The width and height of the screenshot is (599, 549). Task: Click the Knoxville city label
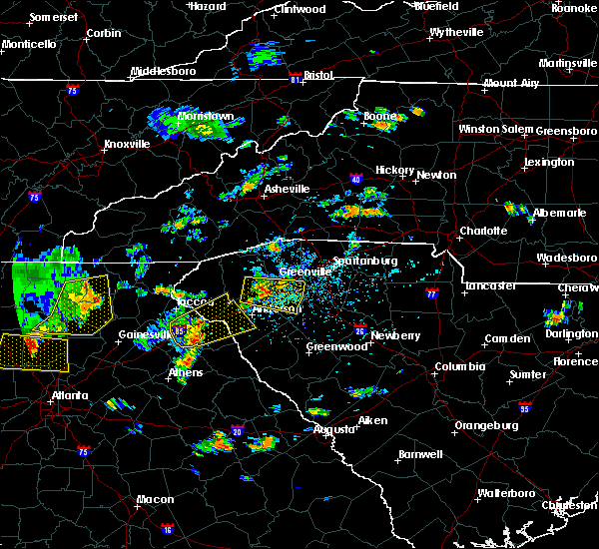pos(127,144)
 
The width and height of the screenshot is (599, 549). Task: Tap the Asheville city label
pos(287,189)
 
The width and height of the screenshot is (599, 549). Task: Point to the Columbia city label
pos(459,366)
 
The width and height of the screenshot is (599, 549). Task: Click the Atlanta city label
pos(66,395)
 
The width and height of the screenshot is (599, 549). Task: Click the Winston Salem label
pos(496,130)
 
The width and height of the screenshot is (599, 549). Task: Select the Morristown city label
pos(206,117)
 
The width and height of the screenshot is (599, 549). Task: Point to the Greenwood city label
pos(332,347)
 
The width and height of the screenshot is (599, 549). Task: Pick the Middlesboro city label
pos(166,72)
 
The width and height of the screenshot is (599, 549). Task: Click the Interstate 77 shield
pos(431,294)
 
